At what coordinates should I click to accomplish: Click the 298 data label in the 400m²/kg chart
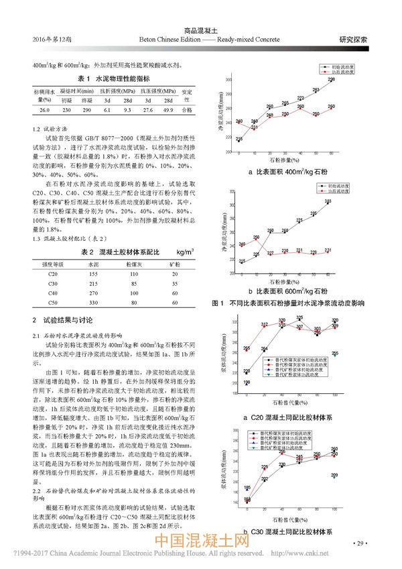331,80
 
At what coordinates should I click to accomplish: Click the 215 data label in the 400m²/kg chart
239,139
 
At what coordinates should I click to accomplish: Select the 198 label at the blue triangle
247,382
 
